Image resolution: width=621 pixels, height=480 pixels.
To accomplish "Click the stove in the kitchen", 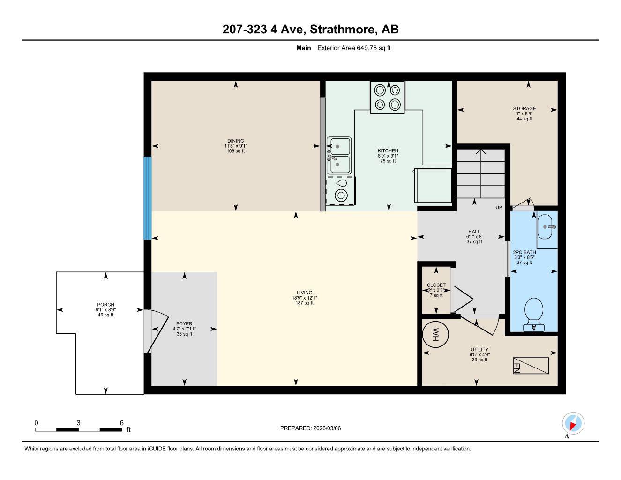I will pos(388,97).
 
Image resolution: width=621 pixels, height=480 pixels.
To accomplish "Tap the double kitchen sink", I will pos(339,156).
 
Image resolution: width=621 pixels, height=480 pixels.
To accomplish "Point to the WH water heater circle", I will pos(435,335).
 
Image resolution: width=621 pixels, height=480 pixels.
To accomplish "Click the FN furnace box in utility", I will pos(531,366).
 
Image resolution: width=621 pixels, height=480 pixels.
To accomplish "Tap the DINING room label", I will pos(235,141).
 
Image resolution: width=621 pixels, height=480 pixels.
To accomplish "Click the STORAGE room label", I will pos(524,109).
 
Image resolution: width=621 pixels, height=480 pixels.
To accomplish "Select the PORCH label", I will pos(105,305).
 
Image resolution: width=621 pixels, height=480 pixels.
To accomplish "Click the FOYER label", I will pos(184,324).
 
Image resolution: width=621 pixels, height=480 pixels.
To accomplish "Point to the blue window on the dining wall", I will pos(148,198).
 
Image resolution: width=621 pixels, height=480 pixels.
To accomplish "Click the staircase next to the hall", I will pos(480,173).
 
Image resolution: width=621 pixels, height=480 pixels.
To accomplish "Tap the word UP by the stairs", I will pos(499,208).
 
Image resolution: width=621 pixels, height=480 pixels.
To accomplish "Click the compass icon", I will pos(572,424).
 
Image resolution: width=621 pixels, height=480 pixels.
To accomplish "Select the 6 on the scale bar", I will pos(121,423).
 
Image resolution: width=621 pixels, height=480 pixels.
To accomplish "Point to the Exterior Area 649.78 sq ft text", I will pos(354,48).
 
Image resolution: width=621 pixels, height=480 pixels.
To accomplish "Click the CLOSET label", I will pos(436,285).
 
